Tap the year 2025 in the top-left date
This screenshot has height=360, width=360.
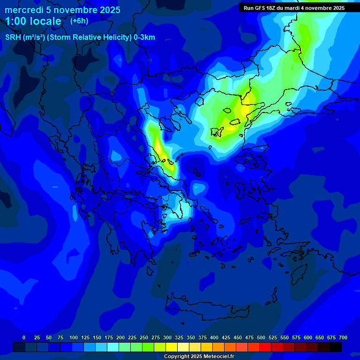pos(107,10)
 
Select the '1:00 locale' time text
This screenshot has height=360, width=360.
pos(33,21)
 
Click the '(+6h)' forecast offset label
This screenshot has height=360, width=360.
pos(79,21)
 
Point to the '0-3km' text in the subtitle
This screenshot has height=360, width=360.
pos(144,37)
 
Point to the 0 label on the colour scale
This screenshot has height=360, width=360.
pos(24,337)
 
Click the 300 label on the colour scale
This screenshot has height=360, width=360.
pos(167,337)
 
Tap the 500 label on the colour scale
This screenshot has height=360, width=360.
pos(261,337)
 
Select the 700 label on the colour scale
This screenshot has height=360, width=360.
pos(343,337)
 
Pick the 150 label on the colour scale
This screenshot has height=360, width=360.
pos(97,337)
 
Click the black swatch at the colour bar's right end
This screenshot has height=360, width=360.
pos(336,347)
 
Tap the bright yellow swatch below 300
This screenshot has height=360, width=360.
pos(172,347)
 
